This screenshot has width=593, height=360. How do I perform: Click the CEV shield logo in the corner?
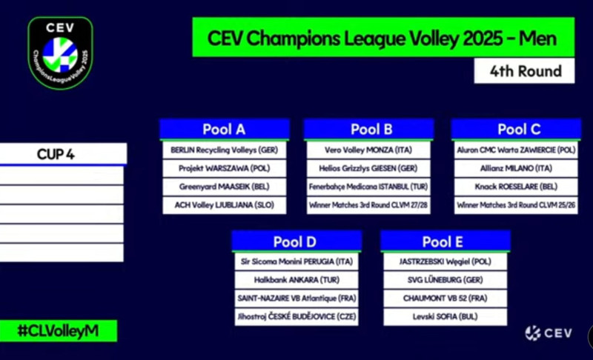pos(61,53)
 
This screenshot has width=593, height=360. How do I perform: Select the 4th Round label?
pos(525,71)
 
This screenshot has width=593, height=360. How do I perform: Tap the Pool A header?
pos(225,129)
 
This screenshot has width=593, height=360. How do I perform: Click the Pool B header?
pos(368,129)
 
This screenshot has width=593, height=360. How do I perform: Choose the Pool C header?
pos(516,129)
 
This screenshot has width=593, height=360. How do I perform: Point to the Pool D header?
pos(296,241)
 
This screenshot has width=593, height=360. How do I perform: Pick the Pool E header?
pos(445,241)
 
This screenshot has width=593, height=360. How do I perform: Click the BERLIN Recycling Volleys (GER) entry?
pos(225,150)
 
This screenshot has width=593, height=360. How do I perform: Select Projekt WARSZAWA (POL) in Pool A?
pos(225,168)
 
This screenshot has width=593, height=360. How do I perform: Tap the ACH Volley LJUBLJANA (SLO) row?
pos(225,205)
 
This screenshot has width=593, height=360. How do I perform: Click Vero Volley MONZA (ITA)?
pos(368,150)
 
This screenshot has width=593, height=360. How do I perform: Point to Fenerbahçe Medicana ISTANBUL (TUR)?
pos(368,187)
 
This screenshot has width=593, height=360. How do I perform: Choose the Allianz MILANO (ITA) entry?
pos(516,168)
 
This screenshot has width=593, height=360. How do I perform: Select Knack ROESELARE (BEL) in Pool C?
pos(516,187)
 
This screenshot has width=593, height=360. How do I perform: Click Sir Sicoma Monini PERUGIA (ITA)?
pos(296,261)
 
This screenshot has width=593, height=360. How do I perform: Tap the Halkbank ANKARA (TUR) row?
pos(296,280)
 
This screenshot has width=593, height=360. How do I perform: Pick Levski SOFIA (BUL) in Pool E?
pos(445,316)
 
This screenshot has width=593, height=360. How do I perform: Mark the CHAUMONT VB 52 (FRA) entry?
pos(445,299)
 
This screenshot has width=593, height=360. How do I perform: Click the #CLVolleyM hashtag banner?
pos(59,331)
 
